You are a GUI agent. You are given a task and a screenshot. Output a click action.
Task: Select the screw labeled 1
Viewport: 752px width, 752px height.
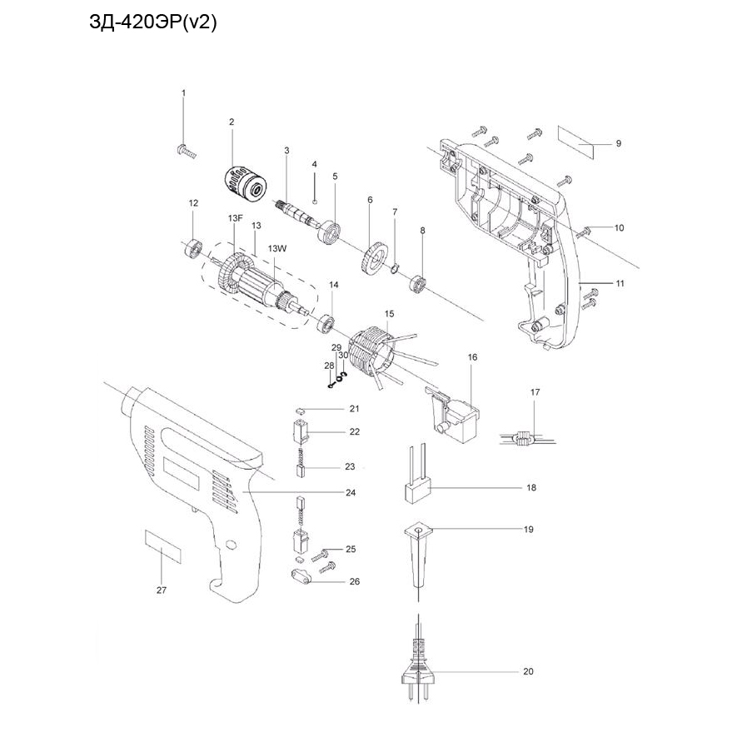coord(185,152)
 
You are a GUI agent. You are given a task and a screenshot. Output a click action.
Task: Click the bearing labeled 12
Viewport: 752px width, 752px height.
coord(192,247)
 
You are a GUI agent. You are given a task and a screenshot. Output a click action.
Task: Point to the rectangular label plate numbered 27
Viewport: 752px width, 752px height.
coord(163,545)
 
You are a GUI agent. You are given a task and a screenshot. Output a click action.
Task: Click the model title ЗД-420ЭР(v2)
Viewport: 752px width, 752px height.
coord(152,24)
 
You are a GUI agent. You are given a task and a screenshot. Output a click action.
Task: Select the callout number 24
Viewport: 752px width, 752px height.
coord(351,492)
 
